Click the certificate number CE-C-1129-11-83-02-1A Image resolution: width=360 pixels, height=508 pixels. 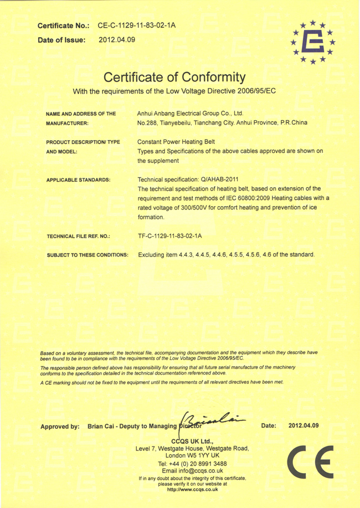(136, 26)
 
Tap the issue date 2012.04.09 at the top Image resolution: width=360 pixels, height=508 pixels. (116, 39)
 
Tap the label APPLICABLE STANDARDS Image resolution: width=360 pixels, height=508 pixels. (79, 180)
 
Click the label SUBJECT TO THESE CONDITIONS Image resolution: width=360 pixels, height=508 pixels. (88, 255)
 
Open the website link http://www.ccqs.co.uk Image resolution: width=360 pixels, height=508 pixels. (192, 490)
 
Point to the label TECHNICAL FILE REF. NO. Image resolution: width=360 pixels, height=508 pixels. (79, 237)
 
